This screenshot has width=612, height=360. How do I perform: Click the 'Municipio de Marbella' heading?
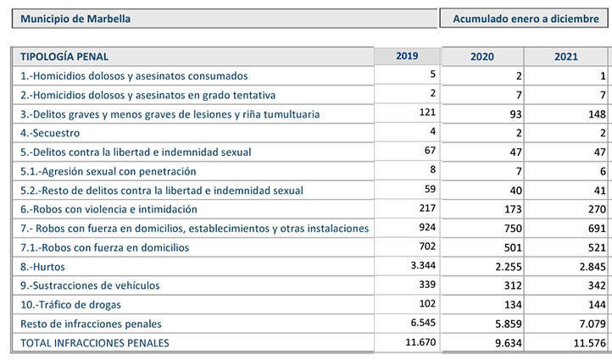(x=75, y=19)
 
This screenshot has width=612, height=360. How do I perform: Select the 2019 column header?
(x=407, y=56)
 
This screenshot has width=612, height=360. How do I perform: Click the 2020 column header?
(x=482, y=57)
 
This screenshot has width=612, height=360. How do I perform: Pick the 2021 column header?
(x=566, y=57)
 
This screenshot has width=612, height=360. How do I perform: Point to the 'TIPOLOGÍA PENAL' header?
(x=64, y=57)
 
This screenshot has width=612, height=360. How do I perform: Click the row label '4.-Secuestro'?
(x=50, y=133)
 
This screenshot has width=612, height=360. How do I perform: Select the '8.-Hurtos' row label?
(x=42, y=267)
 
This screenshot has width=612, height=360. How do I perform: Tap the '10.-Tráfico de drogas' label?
(x=70, y=305)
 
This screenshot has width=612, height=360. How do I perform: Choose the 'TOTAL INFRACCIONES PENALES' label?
(x=95, y=343)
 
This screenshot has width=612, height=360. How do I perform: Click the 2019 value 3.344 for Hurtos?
(x=423, y=265)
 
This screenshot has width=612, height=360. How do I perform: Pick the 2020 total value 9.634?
(x=509, y=343)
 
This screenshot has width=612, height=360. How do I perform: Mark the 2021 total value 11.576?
(x=589, y=343)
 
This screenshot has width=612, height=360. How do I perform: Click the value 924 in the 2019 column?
(x=427, y=227)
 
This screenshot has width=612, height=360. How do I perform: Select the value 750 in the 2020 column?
(x=513, y=228)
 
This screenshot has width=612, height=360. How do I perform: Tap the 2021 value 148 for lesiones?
(x=598, y=114)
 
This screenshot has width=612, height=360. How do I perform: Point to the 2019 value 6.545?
(x=423, y=323)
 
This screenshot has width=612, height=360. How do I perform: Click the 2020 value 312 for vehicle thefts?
(x=513, y=285)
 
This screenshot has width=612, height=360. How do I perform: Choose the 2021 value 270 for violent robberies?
(x=598, y=209)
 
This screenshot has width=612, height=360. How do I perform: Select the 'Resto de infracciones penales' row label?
(x=91, y=324)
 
